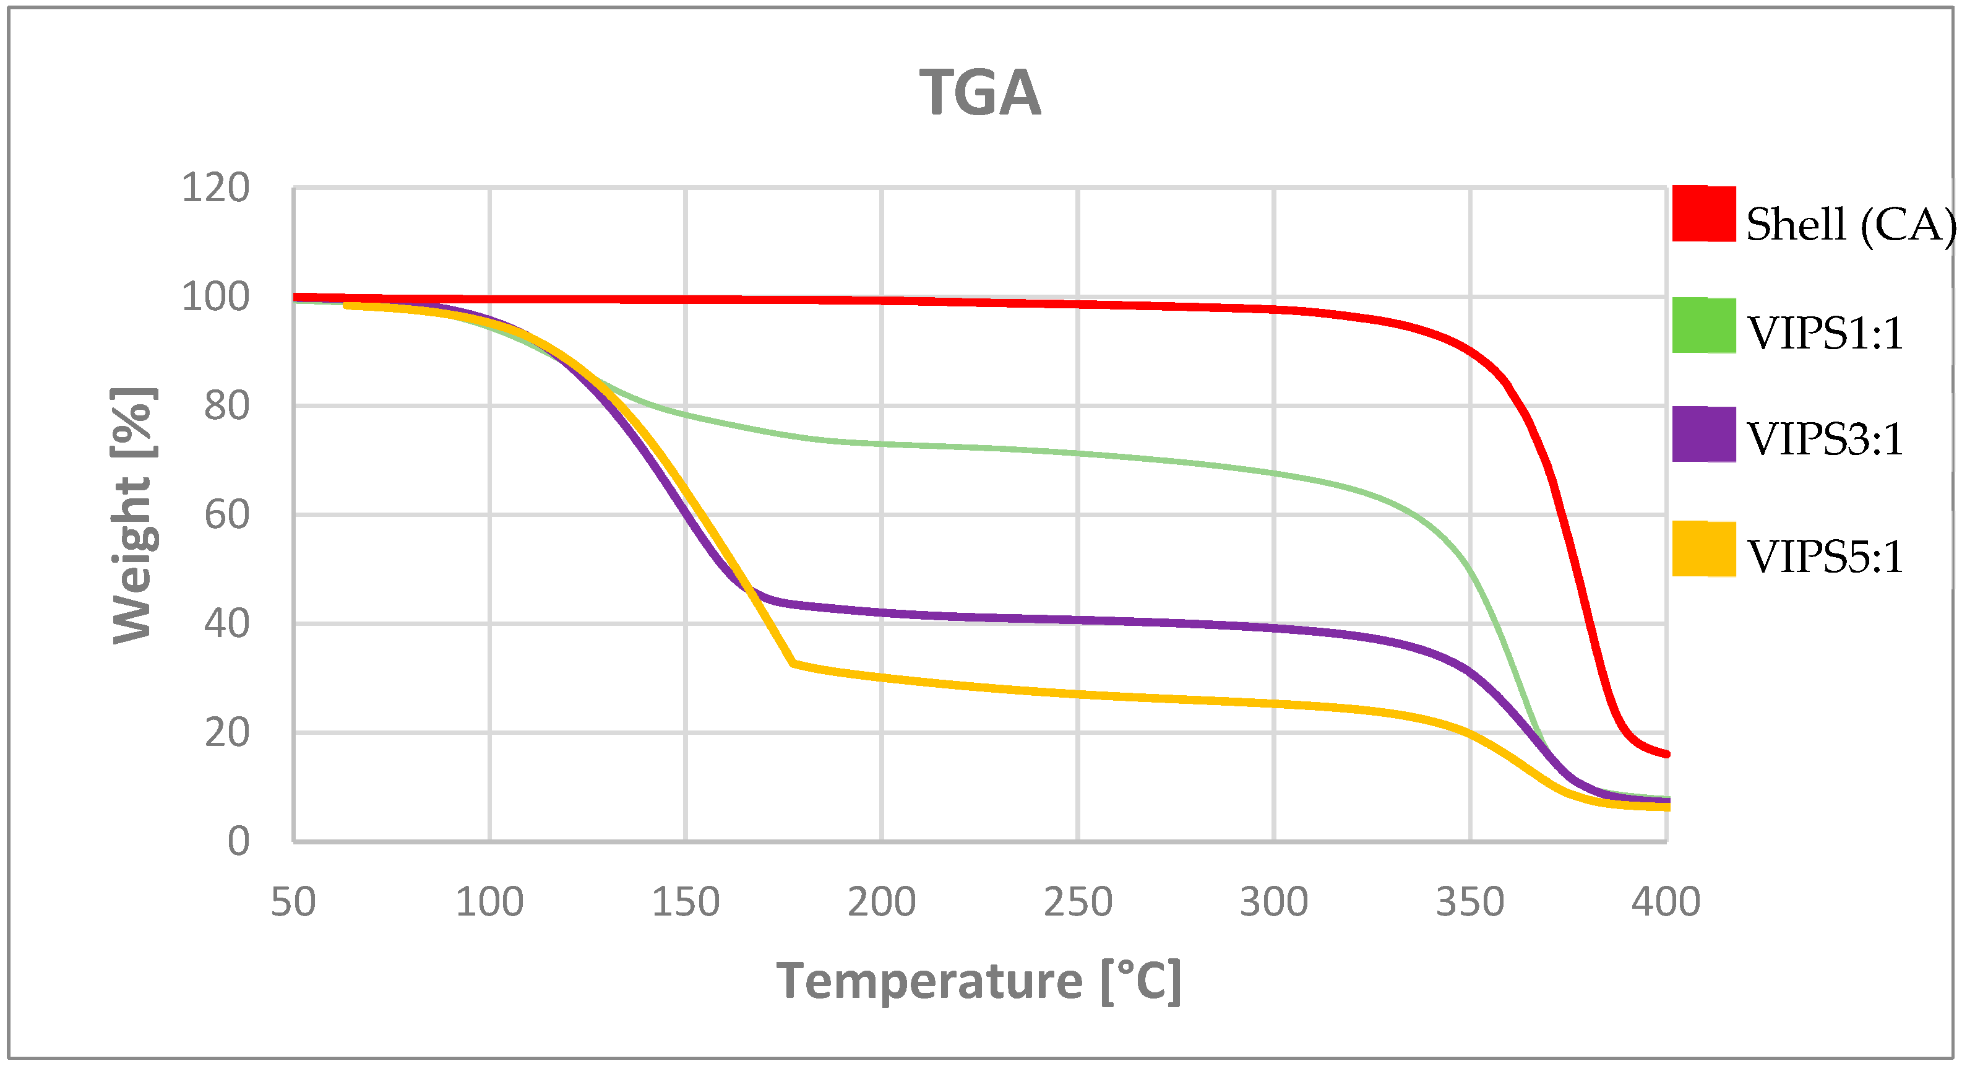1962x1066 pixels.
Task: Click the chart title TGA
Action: point(979,93)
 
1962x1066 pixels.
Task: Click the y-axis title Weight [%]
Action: point(133,515)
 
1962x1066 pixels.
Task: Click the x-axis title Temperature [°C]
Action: point(979,981)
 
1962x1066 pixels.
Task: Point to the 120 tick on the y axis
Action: point(215,188)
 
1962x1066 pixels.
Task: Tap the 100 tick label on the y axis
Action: point(215,297)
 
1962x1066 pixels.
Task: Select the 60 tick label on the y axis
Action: point(226,515)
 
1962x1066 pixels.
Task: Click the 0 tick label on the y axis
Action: point(238,842)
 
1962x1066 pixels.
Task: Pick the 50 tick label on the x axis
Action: point(293,902)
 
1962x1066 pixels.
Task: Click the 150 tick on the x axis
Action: point(686,902)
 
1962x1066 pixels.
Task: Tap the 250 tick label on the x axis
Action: point(1078,902)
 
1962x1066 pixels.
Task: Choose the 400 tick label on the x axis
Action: point(1666,902)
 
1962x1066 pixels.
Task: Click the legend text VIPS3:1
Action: point(1825,439)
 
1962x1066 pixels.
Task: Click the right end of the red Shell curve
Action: point(1666,753)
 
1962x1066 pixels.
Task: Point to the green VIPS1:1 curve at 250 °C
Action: point(1078,453)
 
